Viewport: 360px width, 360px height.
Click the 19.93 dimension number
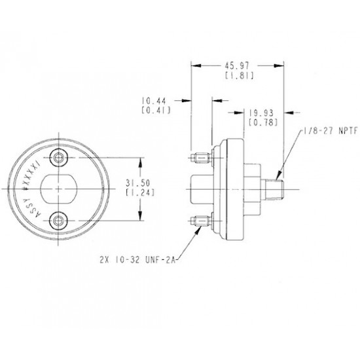pos(261,113)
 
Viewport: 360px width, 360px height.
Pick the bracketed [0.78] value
pos(261,122)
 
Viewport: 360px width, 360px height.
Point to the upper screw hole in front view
pos(61,157)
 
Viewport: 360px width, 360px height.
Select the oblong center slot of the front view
pos(60,189)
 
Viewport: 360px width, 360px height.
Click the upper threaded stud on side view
pos(202,158)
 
